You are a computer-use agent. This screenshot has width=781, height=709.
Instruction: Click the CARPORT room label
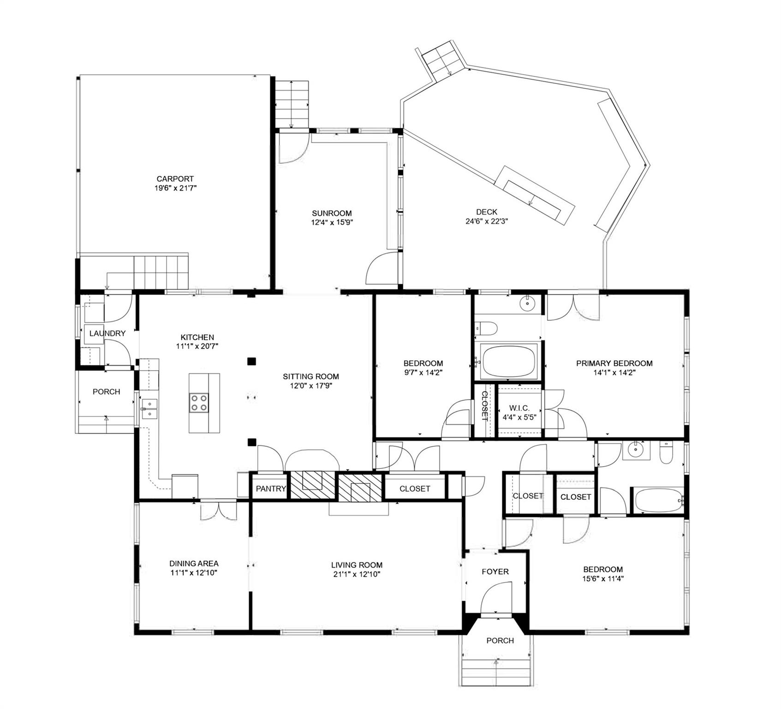[175, 179]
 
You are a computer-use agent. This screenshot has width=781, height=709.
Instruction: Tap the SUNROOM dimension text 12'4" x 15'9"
[332, 222]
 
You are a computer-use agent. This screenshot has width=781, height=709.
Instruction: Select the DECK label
[487, 212]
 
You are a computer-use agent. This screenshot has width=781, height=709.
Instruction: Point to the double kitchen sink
[149, 409]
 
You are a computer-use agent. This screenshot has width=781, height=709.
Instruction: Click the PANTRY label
[271, 489]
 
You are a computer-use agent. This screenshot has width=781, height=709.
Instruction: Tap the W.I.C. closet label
[519, 409]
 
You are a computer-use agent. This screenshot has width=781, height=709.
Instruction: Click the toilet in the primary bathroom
[486, 329]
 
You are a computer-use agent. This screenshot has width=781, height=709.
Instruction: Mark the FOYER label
[495, 571]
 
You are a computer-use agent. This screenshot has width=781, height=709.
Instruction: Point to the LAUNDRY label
[107, 333]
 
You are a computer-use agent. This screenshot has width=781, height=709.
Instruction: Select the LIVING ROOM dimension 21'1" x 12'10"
[357, 574]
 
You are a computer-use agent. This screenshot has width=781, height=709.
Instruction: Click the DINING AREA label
[194, 564]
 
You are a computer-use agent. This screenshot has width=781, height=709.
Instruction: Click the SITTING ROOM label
[310, 377]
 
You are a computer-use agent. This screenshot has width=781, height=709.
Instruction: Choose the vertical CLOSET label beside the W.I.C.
[484, 406]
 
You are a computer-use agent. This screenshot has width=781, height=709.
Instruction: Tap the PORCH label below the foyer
[500, 641]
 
